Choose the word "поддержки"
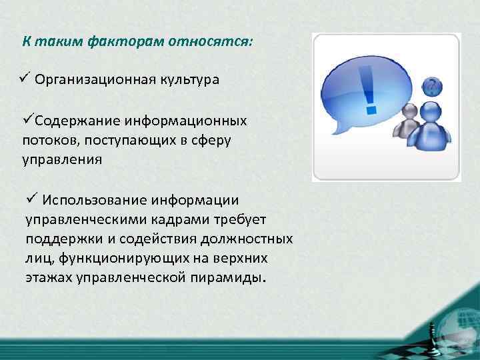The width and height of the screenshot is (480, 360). (58, 239)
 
